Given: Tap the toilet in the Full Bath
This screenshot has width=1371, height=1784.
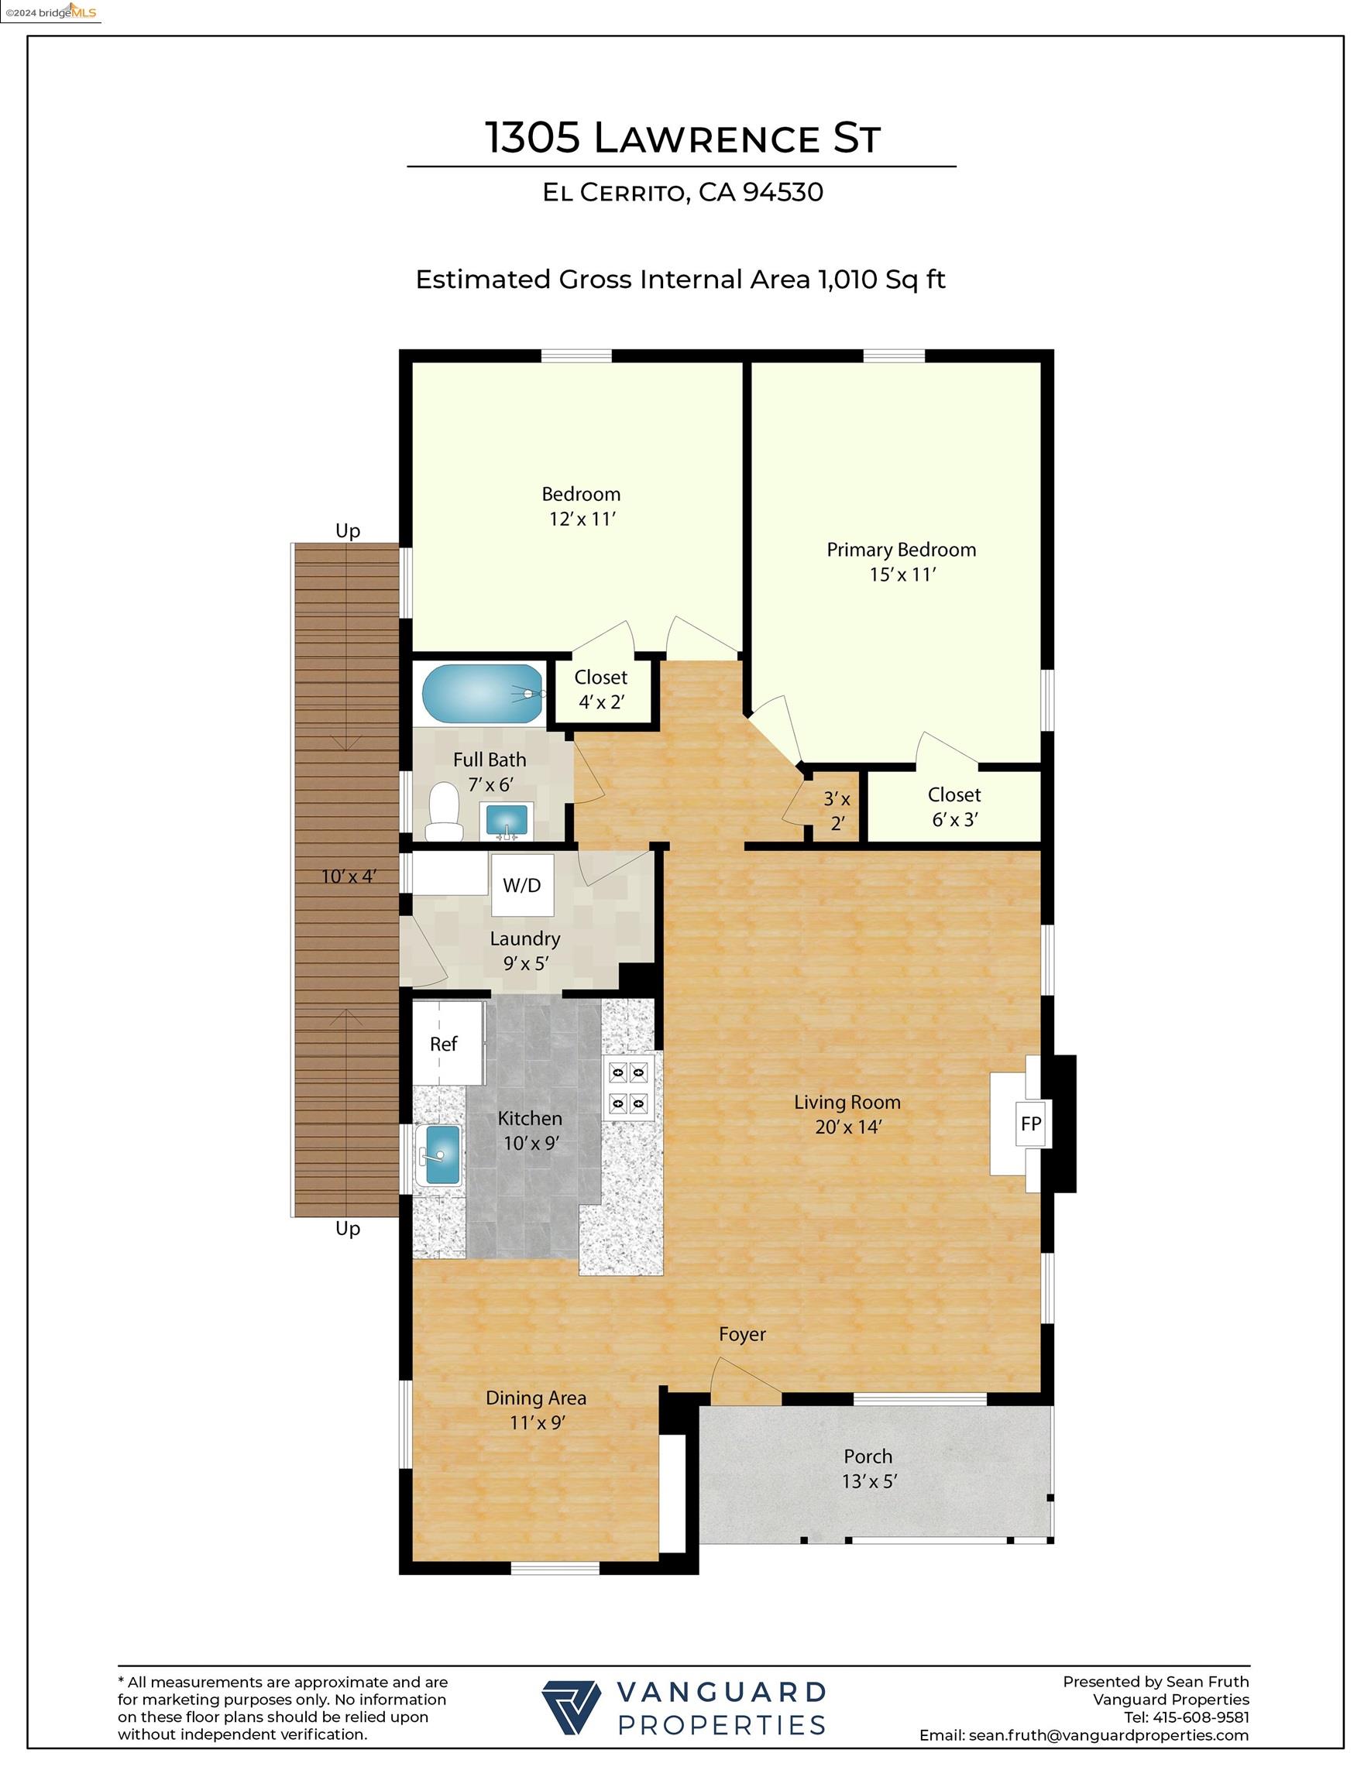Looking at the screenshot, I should click(x=445, y=811).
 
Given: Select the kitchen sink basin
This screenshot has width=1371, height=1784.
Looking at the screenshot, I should click(x=438, y=1155).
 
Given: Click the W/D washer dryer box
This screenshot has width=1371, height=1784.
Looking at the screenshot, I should click(x=522, y=885).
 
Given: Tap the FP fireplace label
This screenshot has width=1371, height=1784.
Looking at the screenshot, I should click(x=1031, y=1124).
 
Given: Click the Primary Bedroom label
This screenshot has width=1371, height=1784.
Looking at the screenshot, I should click(x=901, y=550).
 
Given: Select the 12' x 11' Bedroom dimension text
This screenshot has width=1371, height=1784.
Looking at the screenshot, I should click(x=581, y=520).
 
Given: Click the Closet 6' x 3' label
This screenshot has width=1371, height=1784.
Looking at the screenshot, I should click(x=954, y=807).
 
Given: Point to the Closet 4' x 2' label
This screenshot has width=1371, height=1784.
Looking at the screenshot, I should click(x=600, y=689).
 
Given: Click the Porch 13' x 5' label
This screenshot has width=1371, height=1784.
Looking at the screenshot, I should click(x=868, y=1468).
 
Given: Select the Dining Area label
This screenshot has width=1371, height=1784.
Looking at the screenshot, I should click(x=535, y=1398).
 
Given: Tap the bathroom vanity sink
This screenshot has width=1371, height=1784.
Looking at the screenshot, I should click(x=507, y=820).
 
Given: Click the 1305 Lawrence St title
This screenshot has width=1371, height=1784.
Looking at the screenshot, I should click(x=683, y=137).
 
